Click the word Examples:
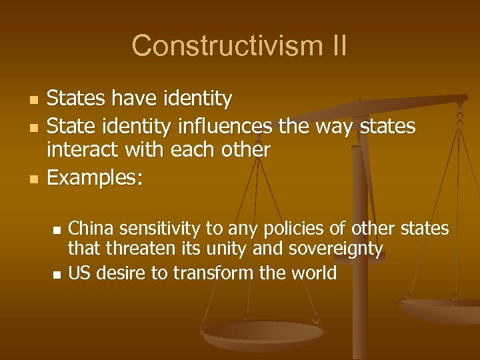pos(95,177)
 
